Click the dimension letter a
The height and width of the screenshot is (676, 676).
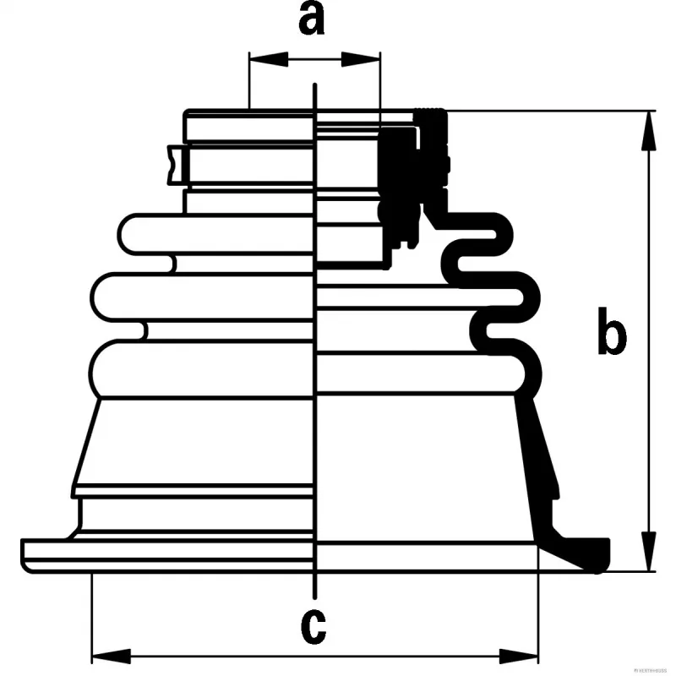coord(312,19)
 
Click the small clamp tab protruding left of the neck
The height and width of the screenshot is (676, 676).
coord(175,165)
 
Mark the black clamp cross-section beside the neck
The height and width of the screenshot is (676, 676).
coord(397,169)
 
